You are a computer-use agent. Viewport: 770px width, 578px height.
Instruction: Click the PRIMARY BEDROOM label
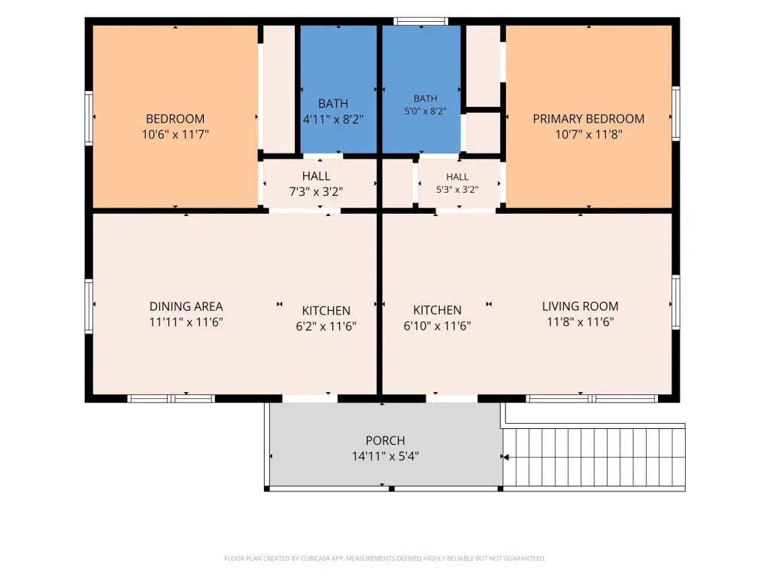588,119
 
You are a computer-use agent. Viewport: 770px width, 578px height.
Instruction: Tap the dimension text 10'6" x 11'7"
175,134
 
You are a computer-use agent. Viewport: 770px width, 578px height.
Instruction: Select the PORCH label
385,440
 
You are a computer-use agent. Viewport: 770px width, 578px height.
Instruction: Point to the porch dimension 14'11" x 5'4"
385,456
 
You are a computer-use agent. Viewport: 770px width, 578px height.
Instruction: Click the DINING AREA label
186,307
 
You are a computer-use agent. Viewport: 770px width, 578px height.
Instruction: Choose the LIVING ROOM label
580,306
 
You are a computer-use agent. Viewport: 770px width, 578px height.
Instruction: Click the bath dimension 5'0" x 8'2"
426,111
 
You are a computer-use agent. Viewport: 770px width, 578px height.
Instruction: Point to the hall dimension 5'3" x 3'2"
457,189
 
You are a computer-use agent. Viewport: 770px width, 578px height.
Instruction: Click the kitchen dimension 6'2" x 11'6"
326,327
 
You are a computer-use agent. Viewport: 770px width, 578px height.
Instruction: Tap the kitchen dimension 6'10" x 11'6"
437,326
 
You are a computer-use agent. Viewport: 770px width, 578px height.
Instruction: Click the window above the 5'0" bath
421,21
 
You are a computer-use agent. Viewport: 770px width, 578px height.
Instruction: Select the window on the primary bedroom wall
676,113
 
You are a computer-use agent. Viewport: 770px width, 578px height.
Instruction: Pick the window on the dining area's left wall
89,306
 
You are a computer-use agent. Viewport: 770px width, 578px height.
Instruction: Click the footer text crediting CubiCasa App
384,558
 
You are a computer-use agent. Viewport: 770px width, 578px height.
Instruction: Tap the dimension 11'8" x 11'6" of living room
580,322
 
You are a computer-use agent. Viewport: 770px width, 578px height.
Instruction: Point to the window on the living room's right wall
676,303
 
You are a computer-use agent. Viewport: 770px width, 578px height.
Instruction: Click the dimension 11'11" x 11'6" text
186,322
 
